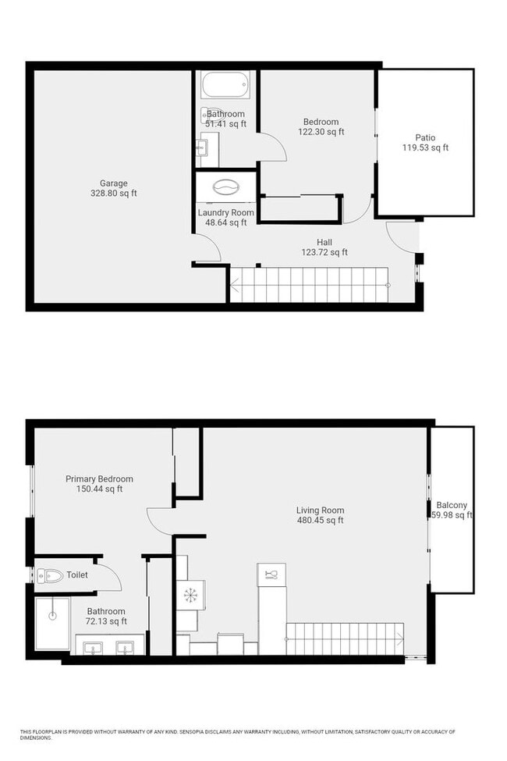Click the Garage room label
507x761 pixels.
[x=113, y=184]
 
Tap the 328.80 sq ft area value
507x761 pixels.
[x=113, y=194]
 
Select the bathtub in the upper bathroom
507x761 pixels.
[x=225, y=85]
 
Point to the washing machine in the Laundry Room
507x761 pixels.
[x=225, y=188]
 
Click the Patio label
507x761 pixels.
[x=425, y=138]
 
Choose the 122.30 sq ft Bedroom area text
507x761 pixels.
[x=321, y=132]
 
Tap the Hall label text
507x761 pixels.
[x=324, y=242]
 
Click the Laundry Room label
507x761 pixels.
[x=225, y=212]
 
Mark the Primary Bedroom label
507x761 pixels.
[x=99, y=479]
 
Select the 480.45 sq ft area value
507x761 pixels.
[x=320, y=521]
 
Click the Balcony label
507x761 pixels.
[x=452, y=505]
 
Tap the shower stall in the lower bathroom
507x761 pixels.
[x=52, y=623]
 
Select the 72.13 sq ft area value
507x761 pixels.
[x=107, y=621]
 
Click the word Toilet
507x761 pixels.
[x=77, y=575]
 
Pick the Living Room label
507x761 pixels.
[x=320, y=510]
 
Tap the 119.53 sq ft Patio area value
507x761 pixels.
[x=425, y=148]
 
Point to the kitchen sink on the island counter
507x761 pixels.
[x=271, y=574]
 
